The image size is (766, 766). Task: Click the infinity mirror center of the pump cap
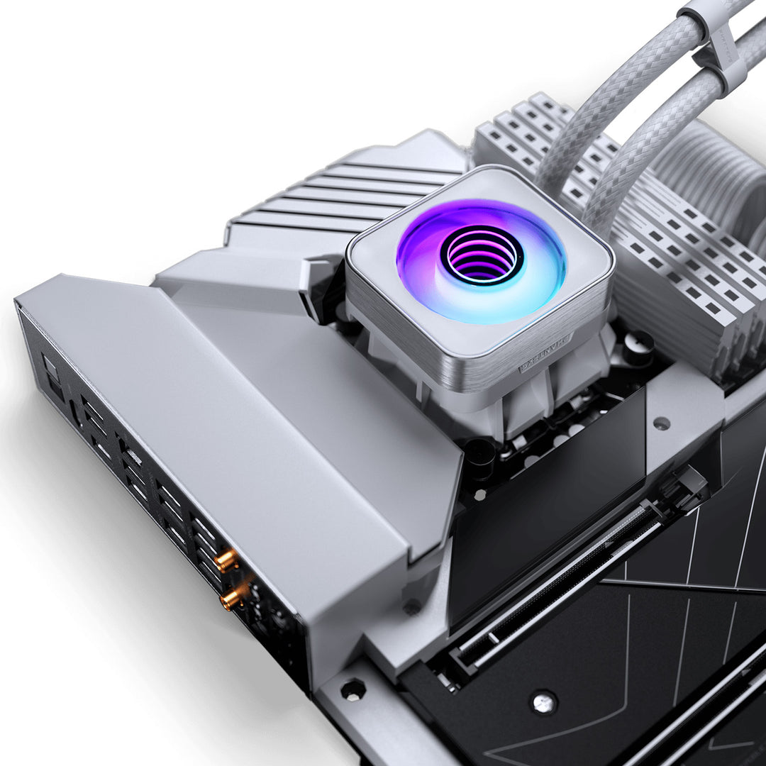click(482, 255)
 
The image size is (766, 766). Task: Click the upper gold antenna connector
click(227, 561)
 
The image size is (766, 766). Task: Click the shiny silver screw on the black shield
click(544, 701)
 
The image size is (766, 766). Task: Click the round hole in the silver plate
click(662, 423)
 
